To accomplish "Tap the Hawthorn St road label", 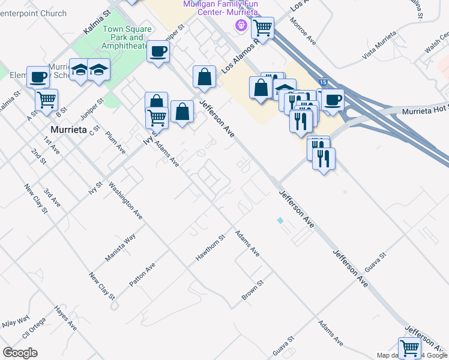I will [209, 248].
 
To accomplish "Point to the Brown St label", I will [253, 290].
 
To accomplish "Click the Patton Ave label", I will [142, 274].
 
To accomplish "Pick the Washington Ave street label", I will [125, 200].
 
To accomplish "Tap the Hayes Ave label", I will [65, 318].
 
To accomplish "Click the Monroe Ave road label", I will [303, 31].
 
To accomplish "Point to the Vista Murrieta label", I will [379, 44].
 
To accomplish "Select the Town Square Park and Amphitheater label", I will [125, 37].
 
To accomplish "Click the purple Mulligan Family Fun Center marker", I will [241, 25].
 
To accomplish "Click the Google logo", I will [20, 353].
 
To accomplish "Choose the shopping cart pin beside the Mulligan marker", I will [262, 28].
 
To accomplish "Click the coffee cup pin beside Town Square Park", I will [158, 52].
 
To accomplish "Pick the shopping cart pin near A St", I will [46, 100].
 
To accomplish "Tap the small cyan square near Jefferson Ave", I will [280, 220].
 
